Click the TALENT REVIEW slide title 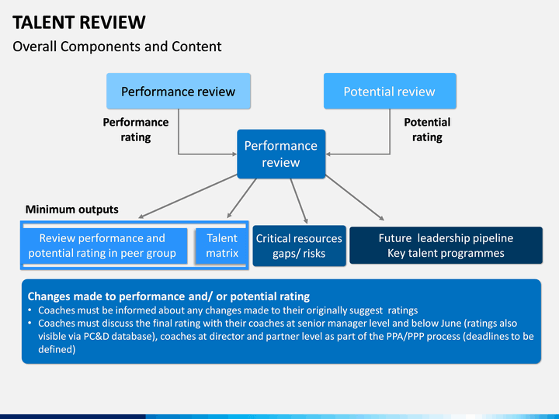[79, 23]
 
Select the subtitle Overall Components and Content [117, 47]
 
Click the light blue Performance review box [179, 92]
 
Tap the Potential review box [390, 92]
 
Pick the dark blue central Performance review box [281, 154]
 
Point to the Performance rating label [135, 130]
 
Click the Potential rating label [427, 130]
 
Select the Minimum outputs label [71, 209]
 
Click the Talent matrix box [222, 246]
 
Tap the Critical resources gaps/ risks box [299, 246]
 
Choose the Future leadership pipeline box [446, 245]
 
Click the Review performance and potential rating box [103, 246]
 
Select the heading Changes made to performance [168, 296]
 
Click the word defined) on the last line [57, 349]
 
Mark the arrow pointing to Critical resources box [299, 201]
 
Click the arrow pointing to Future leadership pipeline [355, 198]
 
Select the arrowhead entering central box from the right [328, 154]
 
